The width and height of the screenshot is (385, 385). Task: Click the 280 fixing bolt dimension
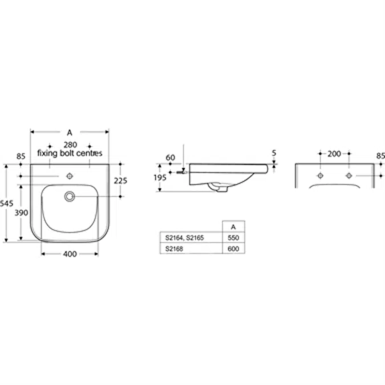(x=70, y=145)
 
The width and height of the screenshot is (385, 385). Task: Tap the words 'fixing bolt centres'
(x=70, y=153)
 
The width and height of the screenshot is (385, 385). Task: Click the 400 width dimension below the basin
(x=70, y=254)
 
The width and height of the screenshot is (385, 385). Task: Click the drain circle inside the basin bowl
(x=70, y=196)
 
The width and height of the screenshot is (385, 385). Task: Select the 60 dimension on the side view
(x=170, y=157)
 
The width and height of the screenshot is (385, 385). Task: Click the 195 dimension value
(x=160, y=177)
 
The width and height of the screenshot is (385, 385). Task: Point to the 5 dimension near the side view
(x=275, y=152)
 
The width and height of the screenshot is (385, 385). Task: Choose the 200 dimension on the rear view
(x=334, y=154)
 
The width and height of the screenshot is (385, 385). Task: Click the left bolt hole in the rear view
(x=321, y=175)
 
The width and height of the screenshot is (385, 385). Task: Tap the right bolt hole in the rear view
(x=348, y=175)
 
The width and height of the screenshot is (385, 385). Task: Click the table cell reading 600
(x=233, y=249)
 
